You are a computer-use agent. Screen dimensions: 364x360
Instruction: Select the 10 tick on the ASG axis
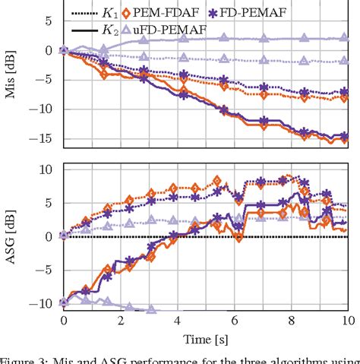pos(42,169)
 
